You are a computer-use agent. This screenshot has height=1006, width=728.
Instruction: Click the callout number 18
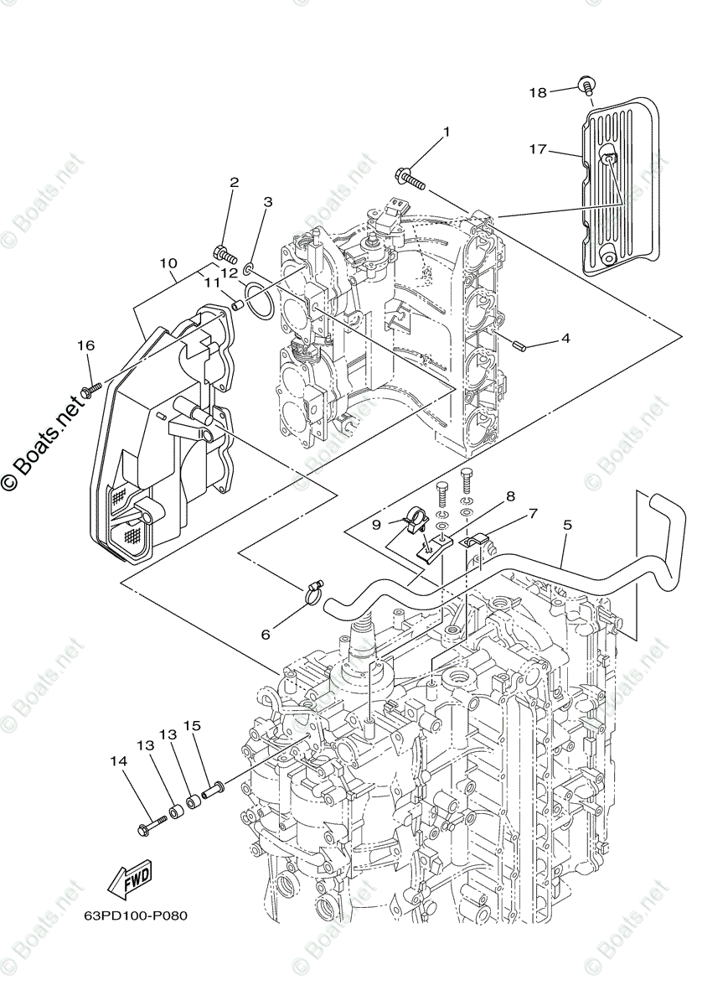(x=537, y=92)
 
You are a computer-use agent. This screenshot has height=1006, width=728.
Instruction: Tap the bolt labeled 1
(x=409, y=177)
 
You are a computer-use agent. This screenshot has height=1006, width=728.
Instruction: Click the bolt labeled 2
(x=225, y=251)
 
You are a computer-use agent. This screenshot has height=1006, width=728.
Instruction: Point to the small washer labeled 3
(x=250, y=268)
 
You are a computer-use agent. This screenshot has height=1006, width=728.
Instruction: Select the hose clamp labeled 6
(x=312, y=594)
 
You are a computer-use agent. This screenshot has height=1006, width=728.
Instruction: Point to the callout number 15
(x=193, y=725)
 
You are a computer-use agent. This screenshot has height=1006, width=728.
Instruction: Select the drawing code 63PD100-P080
(x=135, y=915)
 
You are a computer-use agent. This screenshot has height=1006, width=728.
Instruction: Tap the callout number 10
(x=168, y=262)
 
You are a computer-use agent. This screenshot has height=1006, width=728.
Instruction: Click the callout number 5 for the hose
(x=567, y=526)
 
